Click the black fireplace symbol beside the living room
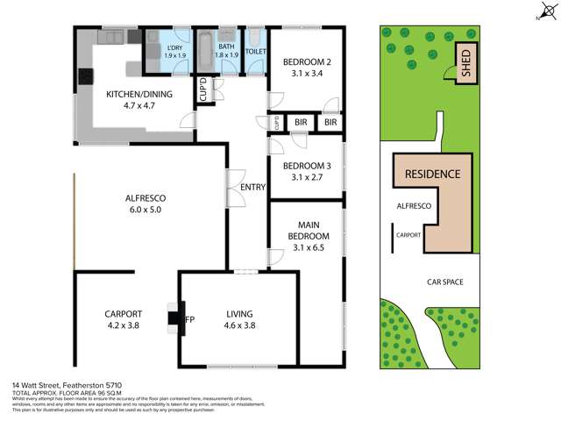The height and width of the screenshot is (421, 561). (174, 318)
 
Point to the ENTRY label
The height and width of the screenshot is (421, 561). (252, 186)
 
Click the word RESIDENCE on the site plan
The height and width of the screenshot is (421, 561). (431, 174)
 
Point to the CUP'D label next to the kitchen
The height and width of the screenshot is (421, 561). (202, 91)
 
